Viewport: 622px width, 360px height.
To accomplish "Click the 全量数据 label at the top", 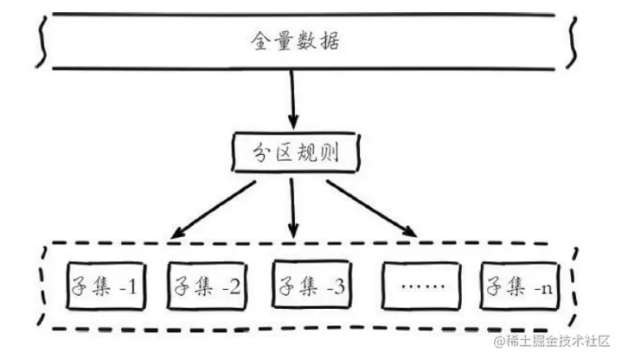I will click(292, 41).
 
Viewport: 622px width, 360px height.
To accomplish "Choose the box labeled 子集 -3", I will click(306, 286).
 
